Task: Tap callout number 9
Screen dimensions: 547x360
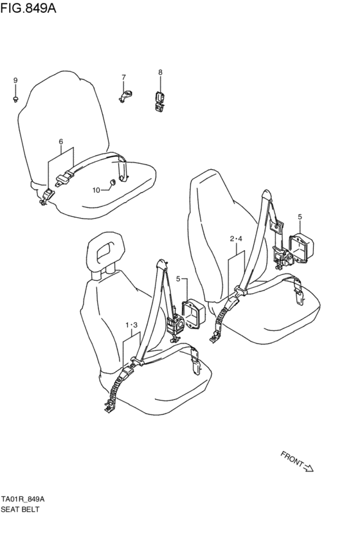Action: [15, 80]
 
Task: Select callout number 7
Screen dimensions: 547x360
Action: [123, 77]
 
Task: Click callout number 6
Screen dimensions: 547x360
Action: [60, 141]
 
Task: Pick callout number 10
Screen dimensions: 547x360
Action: [96, 190]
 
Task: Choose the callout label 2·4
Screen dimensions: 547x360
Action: [236, 239]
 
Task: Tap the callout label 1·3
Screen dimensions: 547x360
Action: [131, 325]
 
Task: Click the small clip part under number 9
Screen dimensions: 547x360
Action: [15, 99]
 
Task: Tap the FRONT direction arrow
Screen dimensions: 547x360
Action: [308, 468]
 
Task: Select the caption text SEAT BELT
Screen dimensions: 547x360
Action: [20, 509]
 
